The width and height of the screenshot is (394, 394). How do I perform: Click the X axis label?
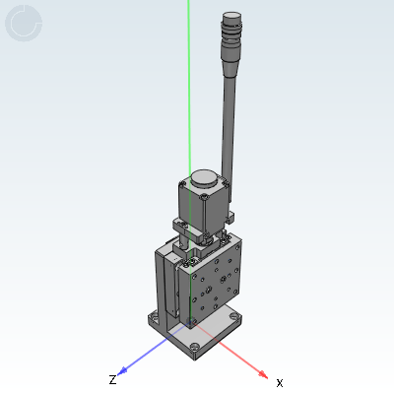coord(280,382)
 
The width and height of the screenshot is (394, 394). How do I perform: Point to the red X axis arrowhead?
coord(263,374)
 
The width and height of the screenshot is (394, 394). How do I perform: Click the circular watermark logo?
coord(24,24)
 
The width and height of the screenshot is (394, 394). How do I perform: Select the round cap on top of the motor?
coord(203,179)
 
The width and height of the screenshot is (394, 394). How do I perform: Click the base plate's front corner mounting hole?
coord(199,346)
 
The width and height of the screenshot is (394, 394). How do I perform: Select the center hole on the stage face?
coord(210,291)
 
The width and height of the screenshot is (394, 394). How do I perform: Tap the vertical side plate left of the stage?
coord(164,286)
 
